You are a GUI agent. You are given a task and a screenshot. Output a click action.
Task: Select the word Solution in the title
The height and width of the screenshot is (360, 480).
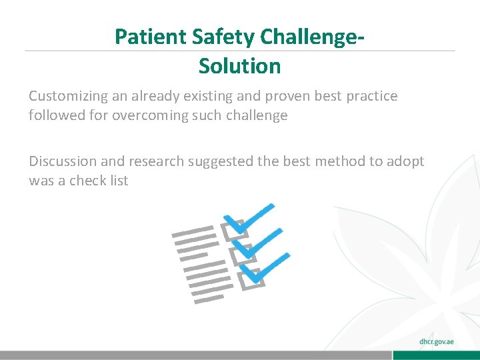tap(239, 66)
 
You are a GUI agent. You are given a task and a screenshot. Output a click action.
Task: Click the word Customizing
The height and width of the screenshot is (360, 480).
tap(65, 96)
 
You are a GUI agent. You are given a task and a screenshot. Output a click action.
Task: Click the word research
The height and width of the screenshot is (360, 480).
tap(157, 161)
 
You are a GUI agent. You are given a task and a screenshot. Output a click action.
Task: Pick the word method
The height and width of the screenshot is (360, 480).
tap(335, 161)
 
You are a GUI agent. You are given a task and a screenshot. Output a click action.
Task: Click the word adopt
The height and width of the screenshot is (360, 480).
tap(403, 161)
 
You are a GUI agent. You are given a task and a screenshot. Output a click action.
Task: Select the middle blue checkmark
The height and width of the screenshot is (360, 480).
tap(257, 241)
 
